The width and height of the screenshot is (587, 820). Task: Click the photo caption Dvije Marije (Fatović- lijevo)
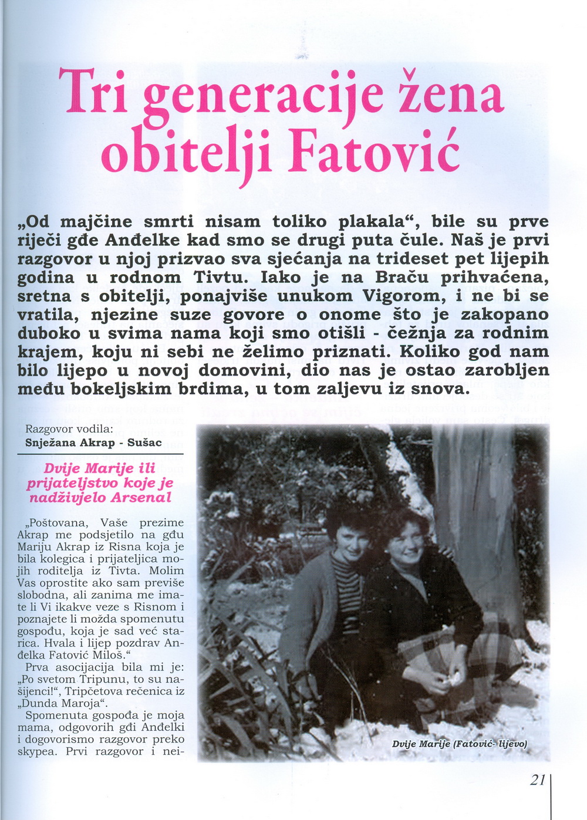coord(459,744)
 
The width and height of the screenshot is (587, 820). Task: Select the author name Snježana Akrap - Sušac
coord(93,443)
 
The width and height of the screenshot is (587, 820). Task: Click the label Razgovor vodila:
coord(69,429)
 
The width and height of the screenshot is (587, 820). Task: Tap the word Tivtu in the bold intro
coord(224,277)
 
